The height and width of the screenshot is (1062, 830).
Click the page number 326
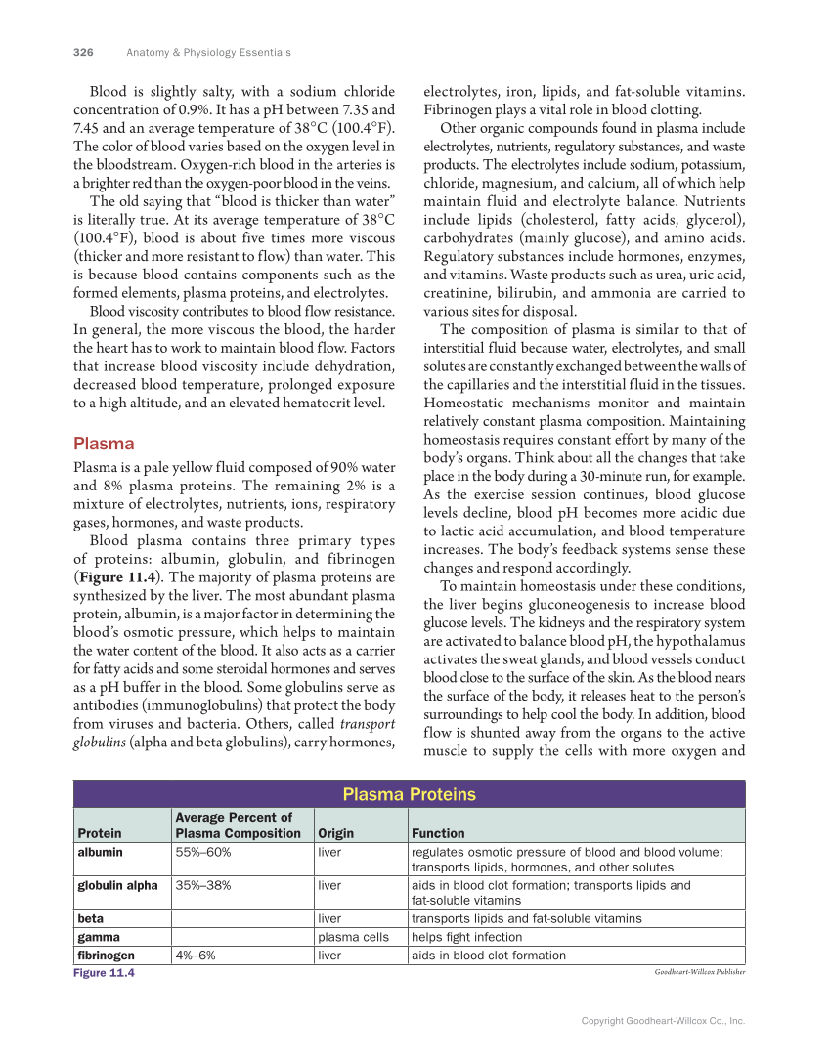83,52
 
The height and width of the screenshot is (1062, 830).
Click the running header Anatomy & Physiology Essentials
208,52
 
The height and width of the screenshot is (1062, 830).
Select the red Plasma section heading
104,443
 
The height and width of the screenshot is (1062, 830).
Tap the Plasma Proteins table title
409,794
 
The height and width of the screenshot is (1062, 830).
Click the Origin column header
335,833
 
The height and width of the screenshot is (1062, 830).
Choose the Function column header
438,833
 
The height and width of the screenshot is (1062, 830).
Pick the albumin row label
101,852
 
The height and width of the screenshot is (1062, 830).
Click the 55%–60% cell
203,852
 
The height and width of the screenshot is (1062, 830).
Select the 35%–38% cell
203,885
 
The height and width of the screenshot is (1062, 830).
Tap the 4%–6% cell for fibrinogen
196,955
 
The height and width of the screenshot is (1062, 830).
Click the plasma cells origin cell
353,936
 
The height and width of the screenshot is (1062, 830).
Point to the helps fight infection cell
467,936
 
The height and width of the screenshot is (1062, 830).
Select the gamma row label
99,936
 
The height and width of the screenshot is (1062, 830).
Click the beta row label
91,918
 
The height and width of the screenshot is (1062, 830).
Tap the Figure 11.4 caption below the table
104,973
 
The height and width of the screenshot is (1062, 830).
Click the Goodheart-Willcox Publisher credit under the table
699,973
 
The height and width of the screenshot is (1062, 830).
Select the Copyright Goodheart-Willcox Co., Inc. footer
663,1020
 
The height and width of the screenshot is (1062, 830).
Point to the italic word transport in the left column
367,724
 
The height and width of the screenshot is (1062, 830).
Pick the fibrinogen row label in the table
107,955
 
